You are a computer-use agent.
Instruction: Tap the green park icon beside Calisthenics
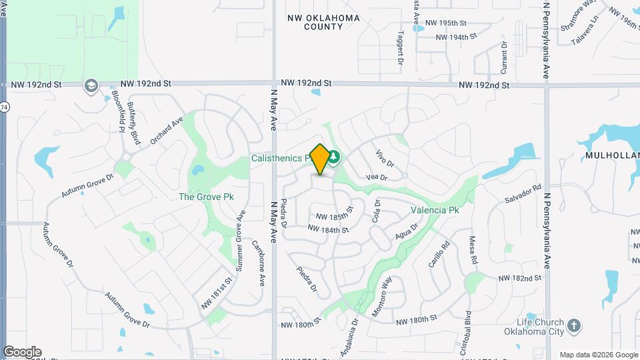333,157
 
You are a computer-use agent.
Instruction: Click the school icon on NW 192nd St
91,86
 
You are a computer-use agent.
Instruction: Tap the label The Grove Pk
206,197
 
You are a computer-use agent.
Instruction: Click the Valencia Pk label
435,210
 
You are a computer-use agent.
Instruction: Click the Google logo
22,352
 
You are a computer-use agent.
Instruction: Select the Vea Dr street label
377,177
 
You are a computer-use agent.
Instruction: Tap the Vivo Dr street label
386,158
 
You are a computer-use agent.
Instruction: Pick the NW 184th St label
329,229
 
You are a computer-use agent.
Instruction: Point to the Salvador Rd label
523,193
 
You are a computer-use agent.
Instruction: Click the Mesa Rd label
474,248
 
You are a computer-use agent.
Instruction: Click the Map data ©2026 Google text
599,354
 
